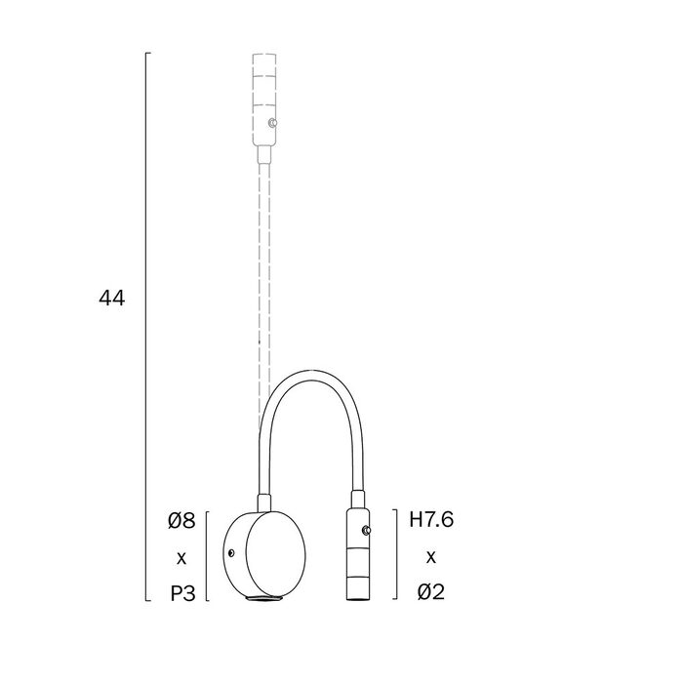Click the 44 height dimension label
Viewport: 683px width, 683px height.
112,299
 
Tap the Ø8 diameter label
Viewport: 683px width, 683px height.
181,520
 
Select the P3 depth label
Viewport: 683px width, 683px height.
182,593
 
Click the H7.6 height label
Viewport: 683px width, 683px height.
431,520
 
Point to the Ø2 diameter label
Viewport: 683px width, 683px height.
431,592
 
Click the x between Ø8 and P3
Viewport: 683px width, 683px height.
181,558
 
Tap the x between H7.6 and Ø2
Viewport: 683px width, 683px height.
431,557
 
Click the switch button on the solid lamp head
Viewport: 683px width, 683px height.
367,530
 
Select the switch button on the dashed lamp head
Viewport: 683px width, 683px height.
273,123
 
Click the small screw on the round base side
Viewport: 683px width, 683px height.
231,553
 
